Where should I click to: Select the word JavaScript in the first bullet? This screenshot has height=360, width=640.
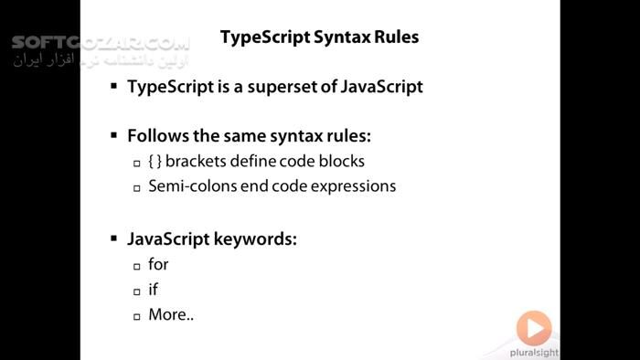point(379,88)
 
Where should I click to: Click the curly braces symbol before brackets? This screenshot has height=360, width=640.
point(155,162)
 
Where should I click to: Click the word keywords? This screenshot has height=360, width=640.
point(258,239)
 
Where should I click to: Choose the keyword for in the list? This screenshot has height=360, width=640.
point(158,265)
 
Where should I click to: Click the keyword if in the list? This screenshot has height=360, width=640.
point(153,290)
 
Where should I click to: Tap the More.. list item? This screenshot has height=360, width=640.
point(171,315)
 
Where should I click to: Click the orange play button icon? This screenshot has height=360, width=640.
point(533,327)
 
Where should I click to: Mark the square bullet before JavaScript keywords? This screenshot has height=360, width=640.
point(113,239)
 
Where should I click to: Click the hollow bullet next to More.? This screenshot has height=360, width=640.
point(136,316)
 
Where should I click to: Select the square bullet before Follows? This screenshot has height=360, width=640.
point(113,136)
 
